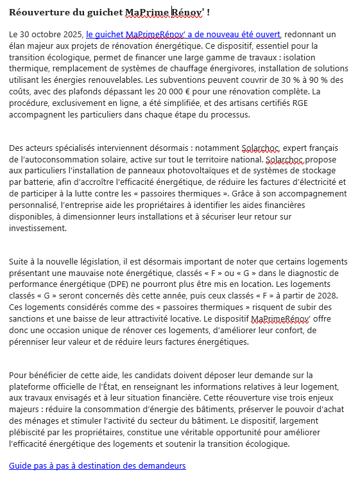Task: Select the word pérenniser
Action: (x=31, y=343)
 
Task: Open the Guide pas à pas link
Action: (x=98, y=465)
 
